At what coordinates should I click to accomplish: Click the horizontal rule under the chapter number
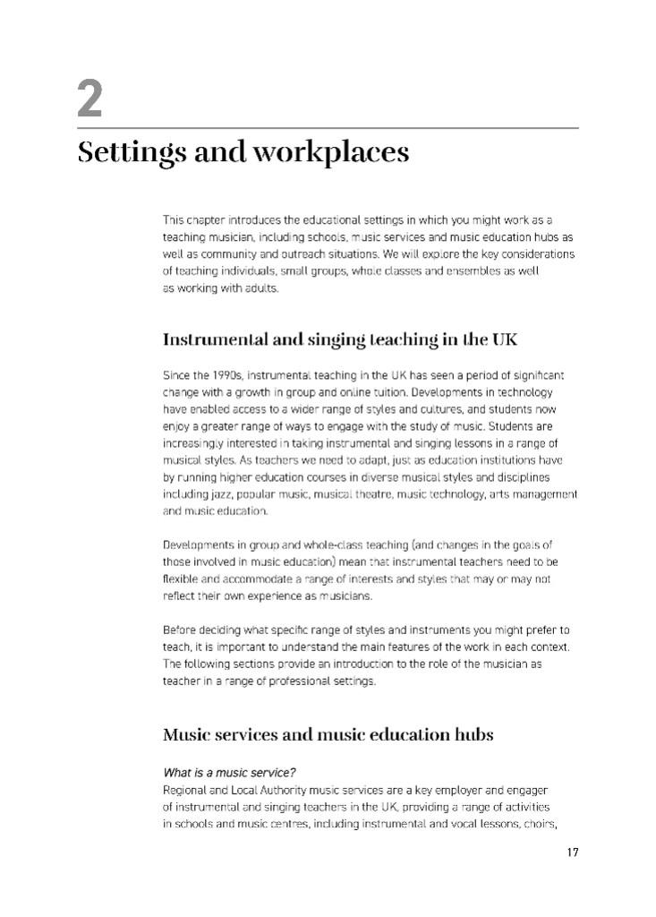(x=328, y=128)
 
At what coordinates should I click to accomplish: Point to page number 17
(x=572, y=852)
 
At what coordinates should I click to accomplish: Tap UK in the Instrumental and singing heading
(x=504, y=340)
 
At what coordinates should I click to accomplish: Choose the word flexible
(x=182, y=579)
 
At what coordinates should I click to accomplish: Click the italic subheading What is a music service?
(x=229, y=773)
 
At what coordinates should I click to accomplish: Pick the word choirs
(x=537, y=824)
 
